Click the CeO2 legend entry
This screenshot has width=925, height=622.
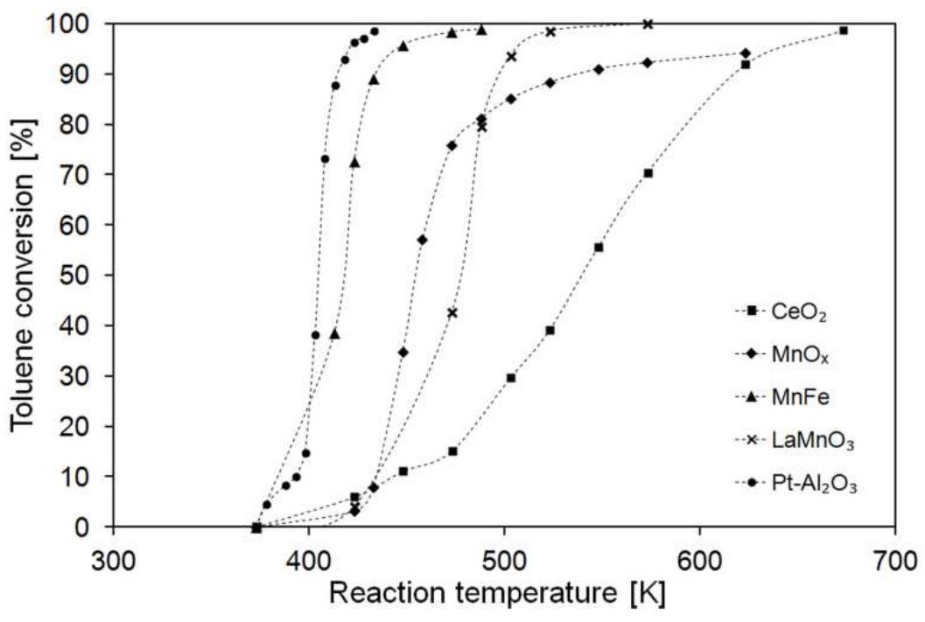[792, 311]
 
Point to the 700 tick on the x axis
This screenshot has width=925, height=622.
[894, 557]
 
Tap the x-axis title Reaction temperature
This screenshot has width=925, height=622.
[496, 594]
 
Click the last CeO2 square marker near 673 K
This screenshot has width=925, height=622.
[843, 31]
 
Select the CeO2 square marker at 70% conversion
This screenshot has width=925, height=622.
[648, 173]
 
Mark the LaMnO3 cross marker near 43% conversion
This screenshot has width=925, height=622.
[452, 312]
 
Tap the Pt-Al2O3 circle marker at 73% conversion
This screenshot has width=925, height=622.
[325, 159]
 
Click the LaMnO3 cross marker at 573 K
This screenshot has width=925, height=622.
[648, 24]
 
